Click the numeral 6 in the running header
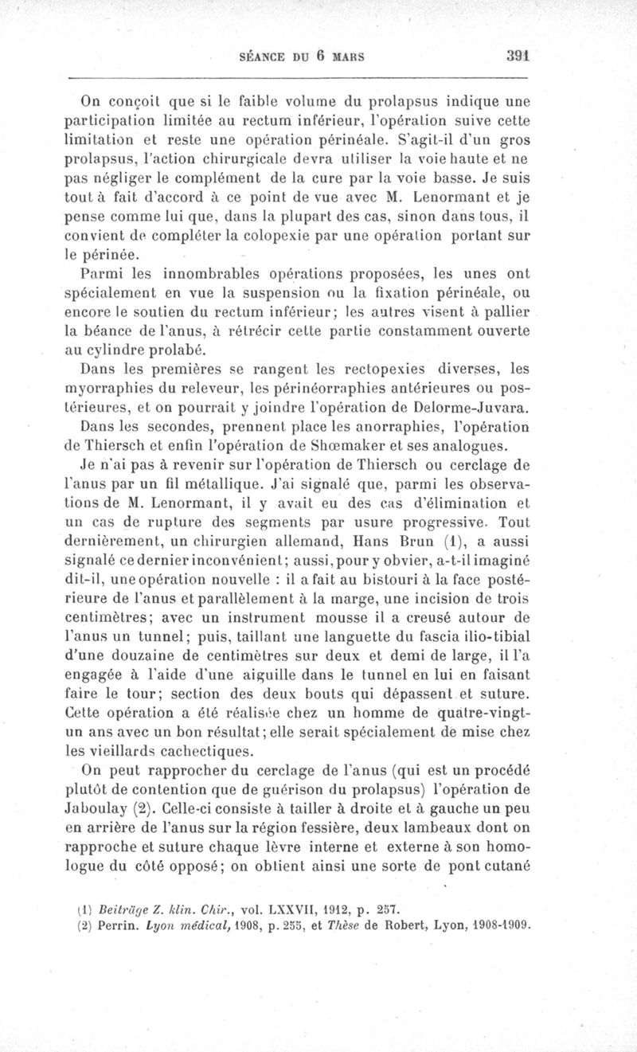(315, 57)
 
